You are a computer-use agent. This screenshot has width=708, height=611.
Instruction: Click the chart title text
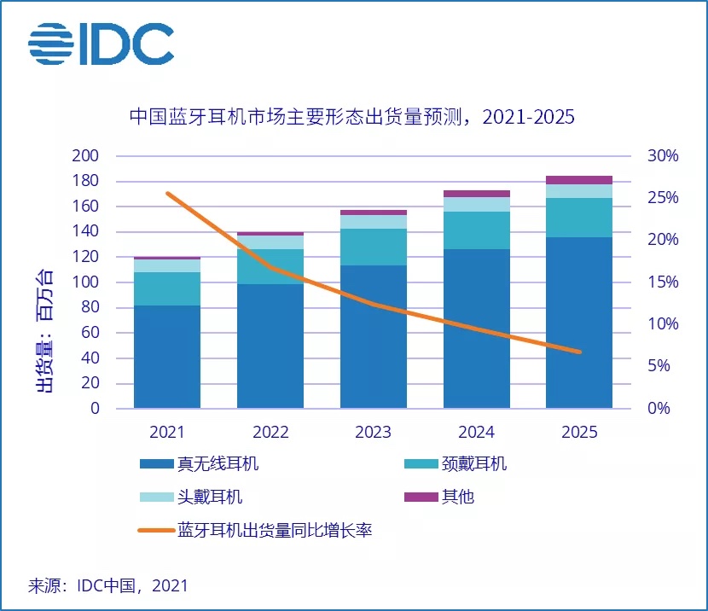(351, 117)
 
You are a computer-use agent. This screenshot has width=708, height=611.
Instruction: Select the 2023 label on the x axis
(373, 431)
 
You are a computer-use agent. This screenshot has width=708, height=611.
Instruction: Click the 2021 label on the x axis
(167, 431)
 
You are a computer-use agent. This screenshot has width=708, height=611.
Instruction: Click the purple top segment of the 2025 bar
(579, 180)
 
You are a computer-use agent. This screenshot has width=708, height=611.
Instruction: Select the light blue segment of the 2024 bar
(476, 204)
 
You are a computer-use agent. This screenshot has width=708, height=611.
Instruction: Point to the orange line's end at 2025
(579, 352)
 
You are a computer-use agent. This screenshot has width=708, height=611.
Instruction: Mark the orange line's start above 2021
(167, 194)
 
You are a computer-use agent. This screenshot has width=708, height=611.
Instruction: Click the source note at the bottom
(108, 585)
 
